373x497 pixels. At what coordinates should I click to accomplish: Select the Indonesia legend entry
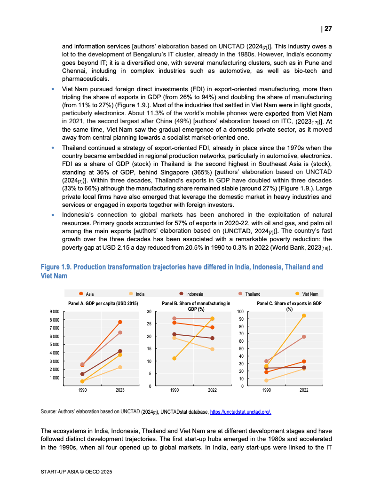pos(194,294)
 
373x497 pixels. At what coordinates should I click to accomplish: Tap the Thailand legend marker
pos(240,294)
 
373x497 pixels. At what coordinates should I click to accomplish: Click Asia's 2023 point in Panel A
pos(120,322)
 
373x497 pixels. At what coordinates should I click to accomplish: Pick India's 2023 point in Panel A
pos(120,367)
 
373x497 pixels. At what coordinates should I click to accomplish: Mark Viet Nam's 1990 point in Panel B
pos(175,358)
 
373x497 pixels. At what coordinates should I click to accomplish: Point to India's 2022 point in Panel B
pos(212,349)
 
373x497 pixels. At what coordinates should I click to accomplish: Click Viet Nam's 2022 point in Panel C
pos(304,316)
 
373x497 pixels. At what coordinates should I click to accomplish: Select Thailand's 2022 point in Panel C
pos(304,337)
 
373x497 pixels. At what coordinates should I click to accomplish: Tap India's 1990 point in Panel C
pos(266,380)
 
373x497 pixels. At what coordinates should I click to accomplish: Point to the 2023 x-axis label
pos(120,390)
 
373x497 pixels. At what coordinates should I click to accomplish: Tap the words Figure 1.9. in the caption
pos(56,267)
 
